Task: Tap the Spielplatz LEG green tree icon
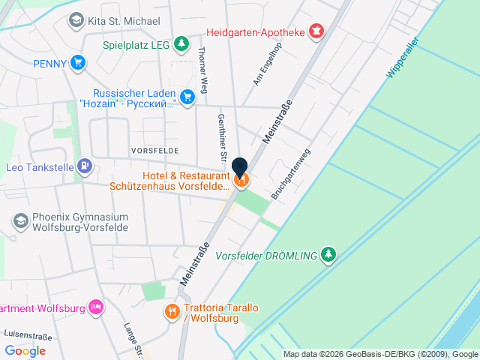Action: [181, 44]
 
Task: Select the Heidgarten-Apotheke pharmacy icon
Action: [316, 31]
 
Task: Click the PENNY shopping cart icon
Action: [77, 63]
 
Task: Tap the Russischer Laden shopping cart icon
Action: [187, 96]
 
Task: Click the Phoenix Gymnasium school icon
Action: [20, 222]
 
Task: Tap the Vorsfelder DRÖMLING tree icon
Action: [328, 255]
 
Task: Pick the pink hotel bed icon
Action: [95, 307]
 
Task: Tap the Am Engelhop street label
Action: [267, 63]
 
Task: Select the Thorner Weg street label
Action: [201, 67]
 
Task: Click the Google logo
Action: [25, 350]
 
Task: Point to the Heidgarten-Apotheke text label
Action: [256, 32]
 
